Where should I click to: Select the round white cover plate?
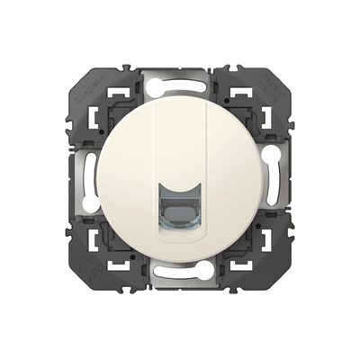[144, 180]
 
